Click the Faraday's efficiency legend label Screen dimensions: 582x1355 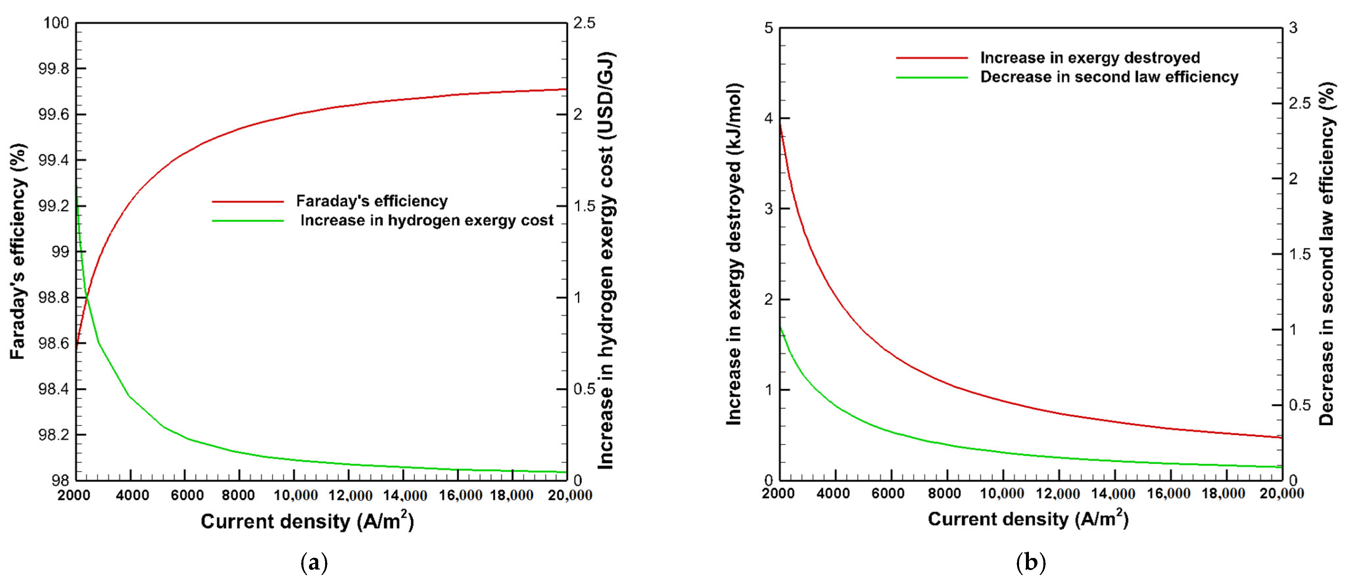[x=371, y=201]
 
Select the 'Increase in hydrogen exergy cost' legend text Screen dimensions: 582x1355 [x=427, y=221]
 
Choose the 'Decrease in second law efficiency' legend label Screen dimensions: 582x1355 [x=1109, y=77]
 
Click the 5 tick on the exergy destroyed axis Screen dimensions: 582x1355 [x=769, y=28]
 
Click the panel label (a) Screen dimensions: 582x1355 [x=314, y=563]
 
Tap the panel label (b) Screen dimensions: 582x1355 [x=1031, y=563]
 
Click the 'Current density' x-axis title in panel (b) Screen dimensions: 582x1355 [x=1028, y=519]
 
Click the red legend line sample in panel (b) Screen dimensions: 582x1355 [x=932, y=58]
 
